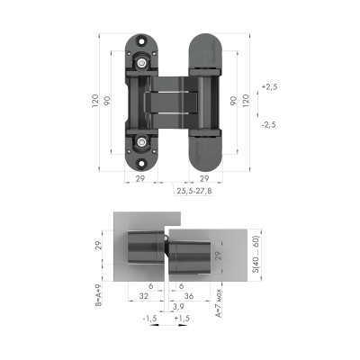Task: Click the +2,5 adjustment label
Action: pyautogui.click(x=268, y=88)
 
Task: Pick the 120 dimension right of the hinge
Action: pyautogui.click(x=247, y=101)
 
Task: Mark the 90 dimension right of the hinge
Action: pyautogui.click(x=233, y=101)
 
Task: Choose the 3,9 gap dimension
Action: pyautogui.click(x=168, y=308)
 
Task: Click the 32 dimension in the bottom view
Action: pyautogui.click(x=144, y=294)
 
